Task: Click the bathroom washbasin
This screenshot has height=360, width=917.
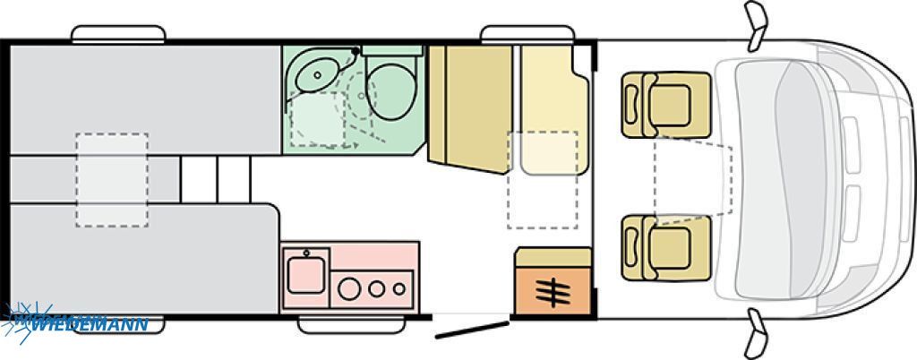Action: click(317, 74)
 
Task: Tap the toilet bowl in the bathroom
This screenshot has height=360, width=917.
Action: click(391, 90)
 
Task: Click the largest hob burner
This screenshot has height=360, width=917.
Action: click(349, 288)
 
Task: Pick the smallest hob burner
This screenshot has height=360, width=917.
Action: click(399, 288)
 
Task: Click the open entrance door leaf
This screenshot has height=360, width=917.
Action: click(471, 330)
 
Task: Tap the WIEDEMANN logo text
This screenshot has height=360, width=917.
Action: click(88, 324)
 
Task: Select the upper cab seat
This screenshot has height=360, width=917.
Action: click(666, 105)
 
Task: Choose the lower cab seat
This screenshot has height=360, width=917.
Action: click(666, 248)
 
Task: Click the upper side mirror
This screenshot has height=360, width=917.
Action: click(756, 23)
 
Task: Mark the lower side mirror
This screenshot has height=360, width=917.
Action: click(756, 334)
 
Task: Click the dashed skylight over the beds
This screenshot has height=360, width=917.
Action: click(112, 180)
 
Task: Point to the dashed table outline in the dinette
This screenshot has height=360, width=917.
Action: click(543, 180)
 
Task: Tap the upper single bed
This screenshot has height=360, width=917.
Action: click(145, 99)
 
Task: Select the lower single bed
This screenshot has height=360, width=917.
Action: click(144, 259)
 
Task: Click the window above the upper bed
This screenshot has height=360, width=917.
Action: click(118, 34)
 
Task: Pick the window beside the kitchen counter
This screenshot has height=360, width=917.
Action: click(351, 325)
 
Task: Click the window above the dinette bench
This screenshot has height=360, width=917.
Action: click(527, 34)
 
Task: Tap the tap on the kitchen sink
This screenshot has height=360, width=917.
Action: click(306, 253)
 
